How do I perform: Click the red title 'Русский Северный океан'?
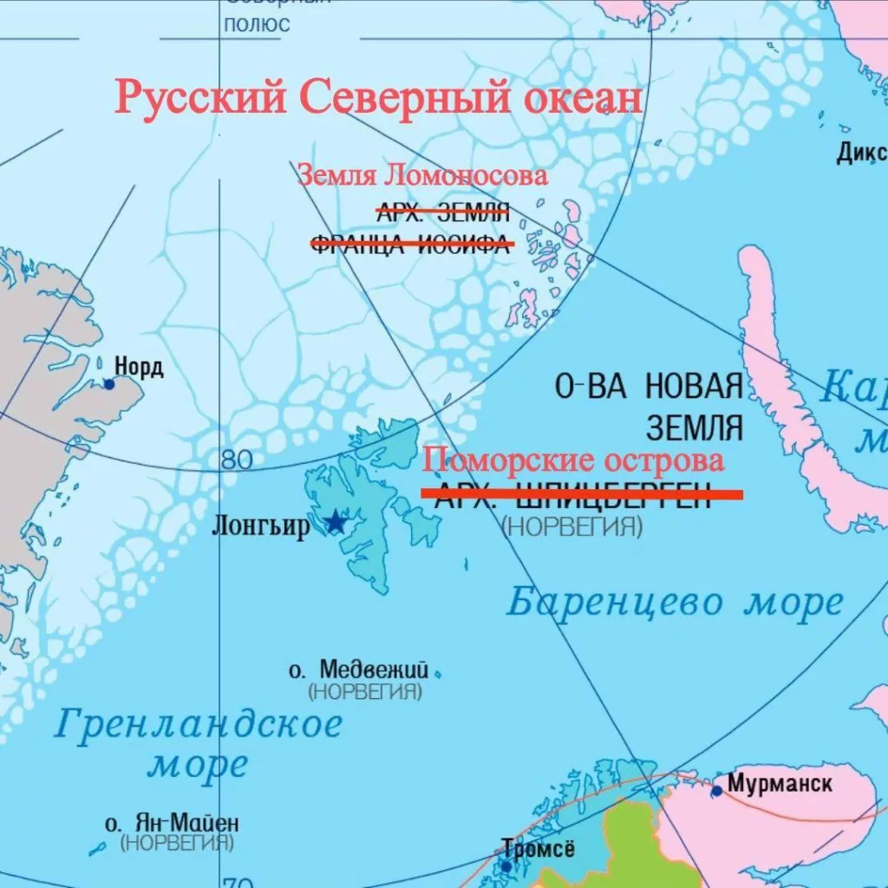[379, 97]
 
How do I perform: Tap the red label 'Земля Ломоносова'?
[423, 175]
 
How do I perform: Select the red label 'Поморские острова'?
[573, 460]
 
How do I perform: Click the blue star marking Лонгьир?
[335, 522]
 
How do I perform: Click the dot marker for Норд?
[109, 383]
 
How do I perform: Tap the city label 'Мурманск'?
[780, 784]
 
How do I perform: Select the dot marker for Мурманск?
[716, 791]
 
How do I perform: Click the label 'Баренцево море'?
[675, 602]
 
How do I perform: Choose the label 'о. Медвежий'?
[359, 670]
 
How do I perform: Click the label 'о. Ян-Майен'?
[172, 823]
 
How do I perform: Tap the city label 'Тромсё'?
[538, 850]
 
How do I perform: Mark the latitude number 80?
[237, 460]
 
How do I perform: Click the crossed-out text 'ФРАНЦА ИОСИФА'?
[412, 245]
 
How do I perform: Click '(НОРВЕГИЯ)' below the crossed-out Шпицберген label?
[572, 526]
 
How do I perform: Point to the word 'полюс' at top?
[257, 24]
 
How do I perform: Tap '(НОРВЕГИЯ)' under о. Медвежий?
[365, 692]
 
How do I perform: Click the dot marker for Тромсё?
[506, 865]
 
